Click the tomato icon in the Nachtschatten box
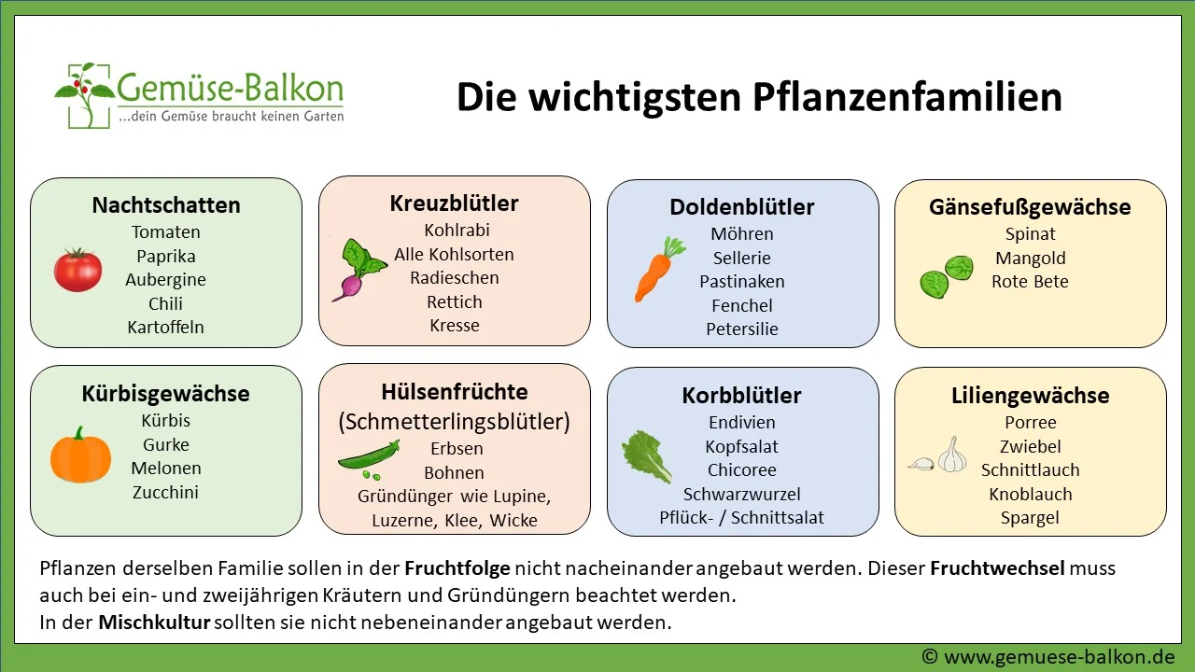pos(77,270)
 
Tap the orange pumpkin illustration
pos(80,455)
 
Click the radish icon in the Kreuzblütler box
pos(358,270)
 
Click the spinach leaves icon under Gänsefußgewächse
pos(947,276)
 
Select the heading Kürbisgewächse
pos(165,393)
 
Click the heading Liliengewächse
pos(1030,395)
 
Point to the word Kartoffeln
pos(165,327)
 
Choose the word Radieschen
pos(455,277)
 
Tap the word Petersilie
pos(742,329)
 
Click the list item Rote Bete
pos(1030,281)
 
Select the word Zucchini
pos(165,492)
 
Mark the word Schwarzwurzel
pos(741,494)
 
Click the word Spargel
pos(1030,517)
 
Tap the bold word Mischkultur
pos(154,622)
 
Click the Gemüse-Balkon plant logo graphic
pos(87,94)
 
